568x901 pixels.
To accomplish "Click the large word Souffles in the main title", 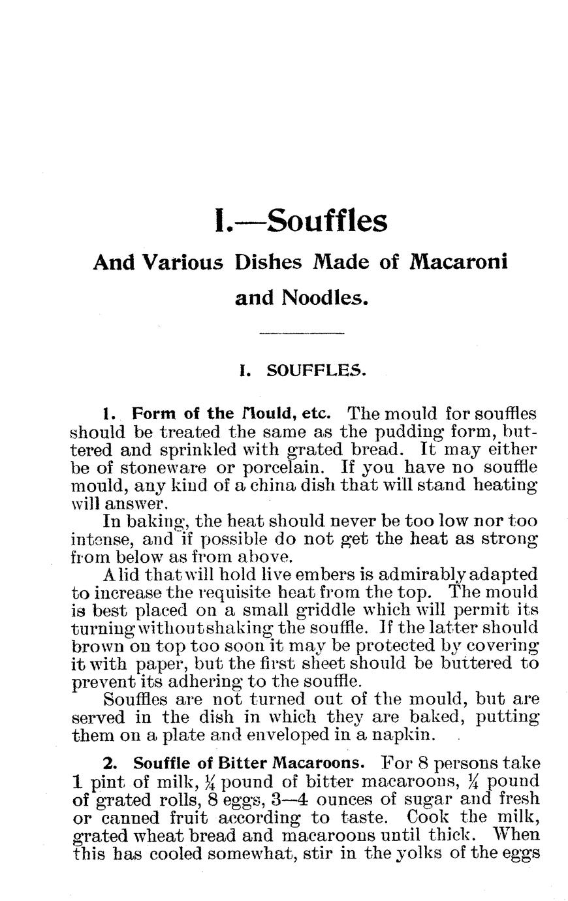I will point(327,221).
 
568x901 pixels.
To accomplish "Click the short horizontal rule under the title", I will point(301,334).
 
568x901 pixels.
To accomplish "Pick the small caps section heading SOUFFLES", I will point(317,371).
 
